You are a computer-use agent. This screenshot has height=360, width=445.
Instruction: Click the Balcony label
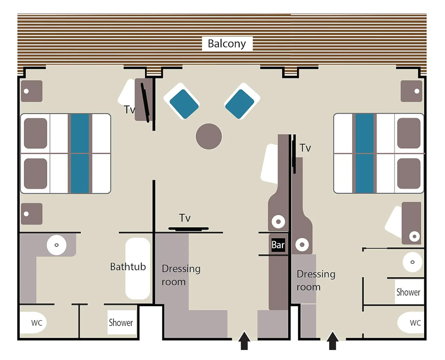pyautogui.click(x=227, y=44)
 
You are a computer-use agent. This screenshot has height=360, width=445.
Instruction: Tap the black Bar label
pyautogui.click(x=278, y=245)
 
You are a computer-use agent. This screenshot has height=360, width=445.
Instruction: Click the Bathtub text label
pyautogui.click(x=128, y=266)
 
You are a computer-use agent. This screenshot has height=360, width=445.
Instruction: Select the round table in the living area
pyautogui.click(x=209, y=136)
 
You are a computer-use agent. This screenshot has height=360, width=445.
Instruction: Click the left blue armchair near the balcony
pyautogui.click(x=182, y=101)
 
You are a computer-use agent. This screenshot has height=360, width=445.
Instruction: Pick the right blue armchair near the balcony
pyautogui.click(x=242, y=101)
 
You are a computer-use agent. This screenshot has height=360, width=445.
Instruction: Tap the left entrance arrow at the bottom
pyautogui.click(x=244, y=340)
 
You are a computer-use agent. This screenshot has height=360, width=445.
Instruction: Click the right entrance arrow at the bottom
pyautogui.click(x=333, y=340)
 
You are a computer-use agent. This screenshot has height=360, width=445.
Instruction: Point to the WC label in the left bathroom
pyautogui.click(x=37, y=323)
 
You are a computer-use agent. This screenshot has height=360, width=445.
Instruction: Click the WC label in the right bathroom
pyautogui.click(x=415, y=323)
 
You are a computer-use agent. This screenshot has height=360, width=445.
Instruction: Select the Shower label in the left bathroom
pyautogui.click(x=121, y=323)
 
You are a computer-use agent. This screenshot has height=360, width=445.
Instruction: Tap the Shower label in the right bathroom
pyautogui.click(x=408, y=292)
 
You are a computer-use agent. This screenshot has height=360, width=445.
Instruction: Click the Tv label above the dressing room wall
pyautogui.click(x=185, y=218)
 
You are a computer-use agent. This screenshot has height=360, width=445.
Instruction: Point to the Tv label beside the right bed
pyautogui.click(x=305, y=148)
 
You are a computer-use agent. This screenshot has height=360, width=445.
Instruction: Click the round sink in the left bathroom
pyautogui.click(x=56, y=245)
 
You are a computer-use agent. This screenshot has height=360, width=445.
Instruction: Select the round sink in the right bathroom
pyautogui.click(x=412, y=262)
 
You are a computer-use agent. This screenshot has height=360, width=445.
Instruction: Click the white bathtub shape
pyautogui.click(x=138, y=268)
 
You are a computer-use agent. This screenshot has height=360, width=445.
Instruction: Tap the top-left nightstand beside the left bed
pyautogui.click(x=32, y=91)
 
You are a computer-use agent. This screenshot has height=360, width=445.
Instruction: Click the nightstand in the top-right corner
pyautogui.click(x=411, y=91)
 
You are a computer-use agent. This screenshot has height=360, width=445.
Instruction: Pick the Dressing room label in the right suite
pyautogui.click(x=316, y=281)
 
